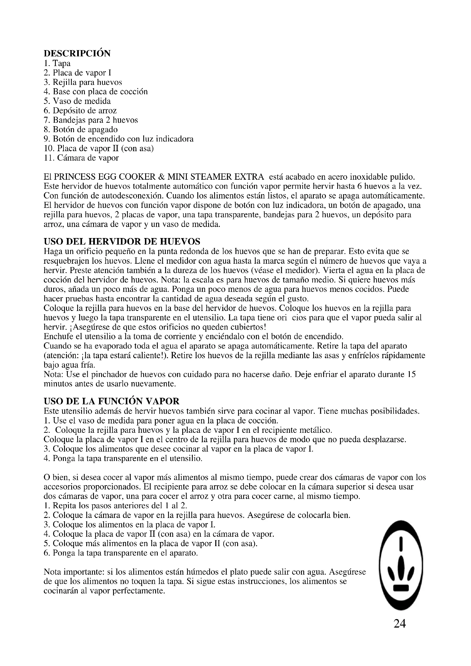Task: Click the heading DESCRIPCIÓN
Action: [77, 54]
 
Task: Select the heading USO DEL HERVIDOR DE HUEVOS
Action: [122, 241]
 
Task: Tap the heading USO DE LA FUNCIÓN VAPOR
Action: [111, 401]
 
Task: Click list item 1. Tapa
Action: [57, 63]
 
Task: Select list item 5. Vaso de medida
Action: [77, 101]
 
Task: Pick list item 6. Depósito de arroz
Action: [80, 110]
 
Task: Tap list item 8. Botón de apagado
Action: [81, 129]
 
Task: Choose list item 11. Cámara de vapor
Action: [81, 158]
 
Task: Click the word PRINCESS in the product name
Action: [75, 177]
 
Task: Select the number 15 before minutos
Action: [411, 374]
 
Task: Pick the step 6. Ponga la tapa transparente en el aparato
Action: [121, 553]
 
